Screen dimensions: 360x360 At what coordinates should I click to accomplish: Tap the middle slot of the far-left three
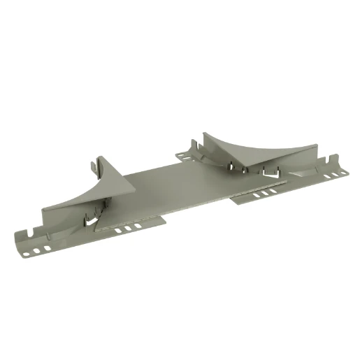(38, 250)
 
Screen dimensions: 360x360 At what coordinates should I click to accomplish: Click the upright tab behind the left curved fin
(96, 168)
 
